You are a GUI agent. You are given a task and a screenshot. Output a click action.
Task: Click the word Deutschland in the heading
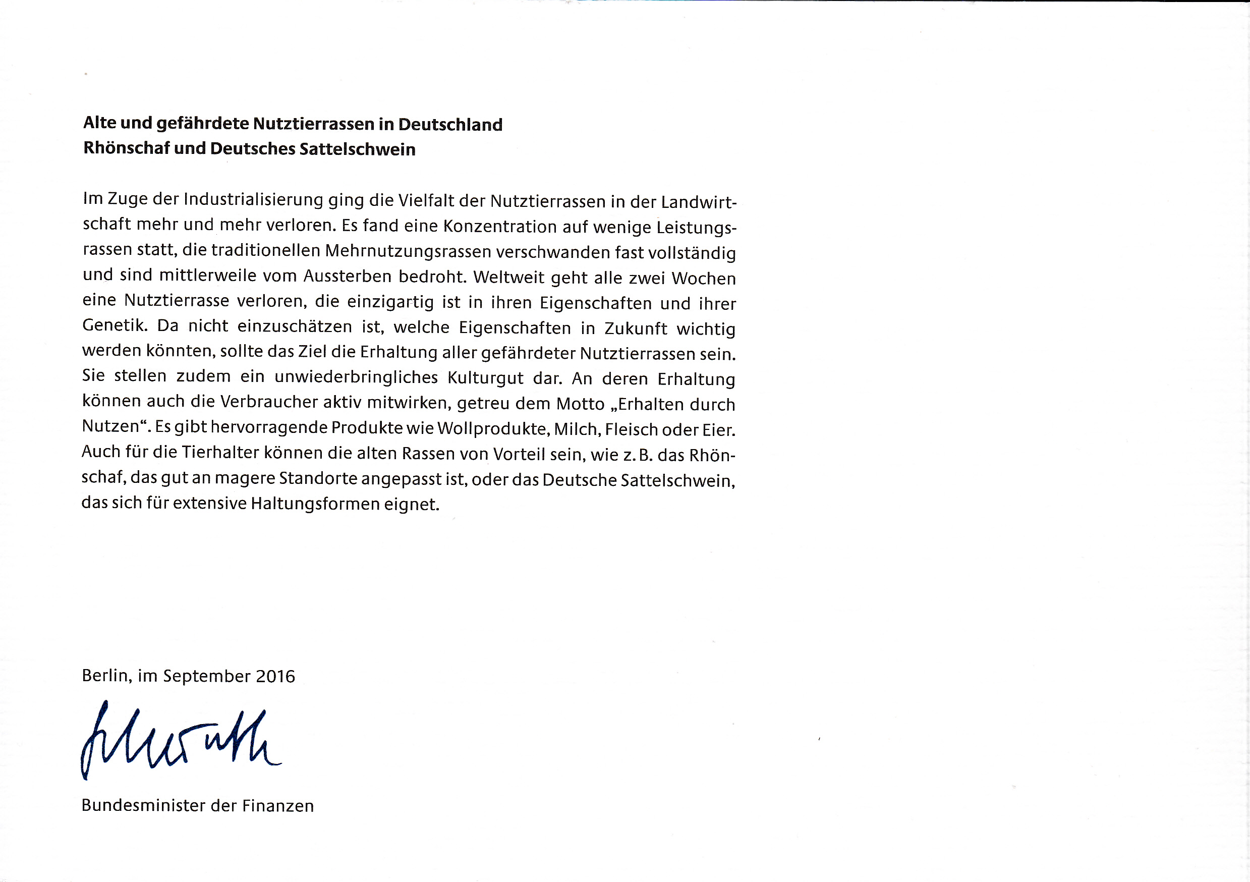click(450, 125)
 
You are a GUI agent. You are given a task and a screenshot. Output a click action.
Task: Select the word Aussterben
click(348, 277)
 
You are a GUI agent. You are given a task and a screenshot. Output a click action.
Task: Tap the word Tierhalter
click(220, 453)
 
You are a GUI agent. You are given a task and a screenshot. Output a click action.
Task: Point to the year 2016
click(275, 676)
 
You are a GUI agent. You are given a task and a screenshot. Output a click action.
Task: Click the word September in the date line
click(207, 676)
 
